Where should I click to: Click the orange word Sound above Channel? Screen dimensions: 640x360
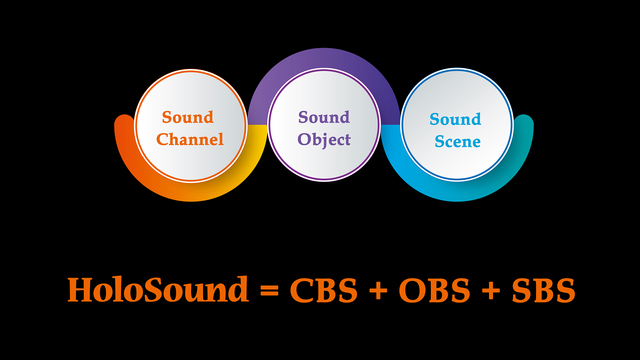pyautogui.click(x=188, y=117)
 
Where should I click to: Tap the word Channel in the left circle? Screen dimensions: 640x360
pyautogui.click(x=190, y=139)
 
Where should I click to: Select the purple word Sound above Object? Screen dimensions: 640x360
pyautogui.click(x=324, y=117)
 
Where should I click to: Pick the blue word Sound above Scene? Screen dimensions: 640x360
pyautogui.click(x=455, y=119)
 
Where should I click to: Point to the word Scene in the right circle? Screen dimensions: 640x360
pyautogui.click(x=458, y=141)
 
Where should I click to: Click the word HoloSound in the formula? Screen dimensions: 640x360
pyautogui.click(x=158, y=290)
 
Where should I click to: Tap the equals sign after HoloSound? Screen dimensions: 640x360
pyautogui.click(x=269, y=291)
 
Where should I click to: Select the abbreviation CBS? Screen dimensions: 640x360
pyautogui.click(x=324, y=290)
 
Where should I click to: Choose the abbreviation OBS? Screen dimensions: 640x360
pyautogui.click(x=435, y=290)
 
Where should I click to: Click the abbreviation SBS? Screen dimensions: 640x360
pyautogui.click(x=544, y=290)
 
